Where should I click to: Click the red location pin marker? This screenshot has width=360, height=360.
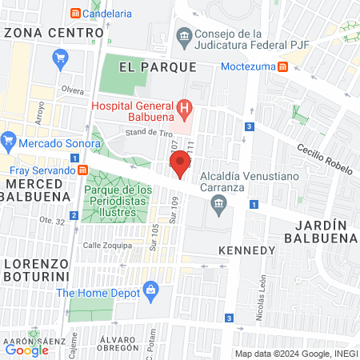(x=181, y=164)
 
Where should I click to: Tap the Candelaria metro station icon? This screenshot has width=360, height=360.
(x=75, y=14)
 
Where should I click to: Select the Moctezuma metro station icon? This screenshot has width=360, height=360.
(x=283, y=66)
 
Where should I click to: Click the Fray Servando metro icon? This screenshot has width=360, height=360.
(x=82, y=170)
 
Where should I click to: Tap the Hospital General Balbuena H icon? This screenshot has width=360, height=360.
(x=185, y=107)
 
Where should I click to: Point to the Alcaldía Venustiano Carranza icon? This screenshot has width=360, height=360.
(x=218, y=206)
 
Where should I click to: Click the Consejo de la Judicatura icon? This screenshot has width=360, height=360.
(x=184, y=36)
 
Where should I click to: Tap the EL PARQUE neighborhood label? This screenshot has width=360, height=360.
(x=157, y=67)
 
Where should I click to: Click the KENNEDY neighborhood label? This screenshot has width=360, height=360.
(x=248, y=250)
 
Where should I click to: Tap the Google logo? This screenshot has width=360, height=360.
(x=26, y=349)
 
